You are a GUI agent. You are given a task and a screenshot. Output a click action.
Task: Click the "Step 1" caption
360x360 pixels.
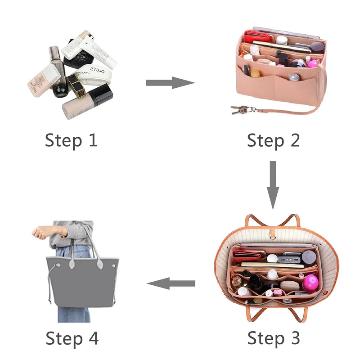71,140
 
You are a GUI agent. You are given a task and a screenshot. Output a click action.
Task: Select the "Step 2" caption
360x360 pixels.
273,140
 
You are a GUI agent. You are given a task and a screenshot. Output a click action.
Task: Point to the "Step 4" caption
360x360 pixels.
72,337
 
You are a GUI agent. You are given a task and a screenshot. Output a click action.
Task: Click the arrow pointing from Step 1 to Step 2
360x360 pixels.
170,83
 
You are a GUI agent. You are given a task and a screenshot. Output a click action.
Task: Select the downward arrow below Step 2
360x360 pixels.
272,184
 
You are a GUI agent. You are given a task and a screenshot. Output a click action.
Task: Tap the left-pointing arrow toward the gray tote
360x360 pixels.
171,283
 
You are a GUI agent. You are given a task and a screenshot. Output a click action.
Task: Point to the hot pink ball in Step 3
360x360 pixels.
310,282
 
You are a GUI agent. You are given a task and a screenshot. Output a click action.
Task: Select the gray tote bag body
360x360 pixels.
81,283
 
